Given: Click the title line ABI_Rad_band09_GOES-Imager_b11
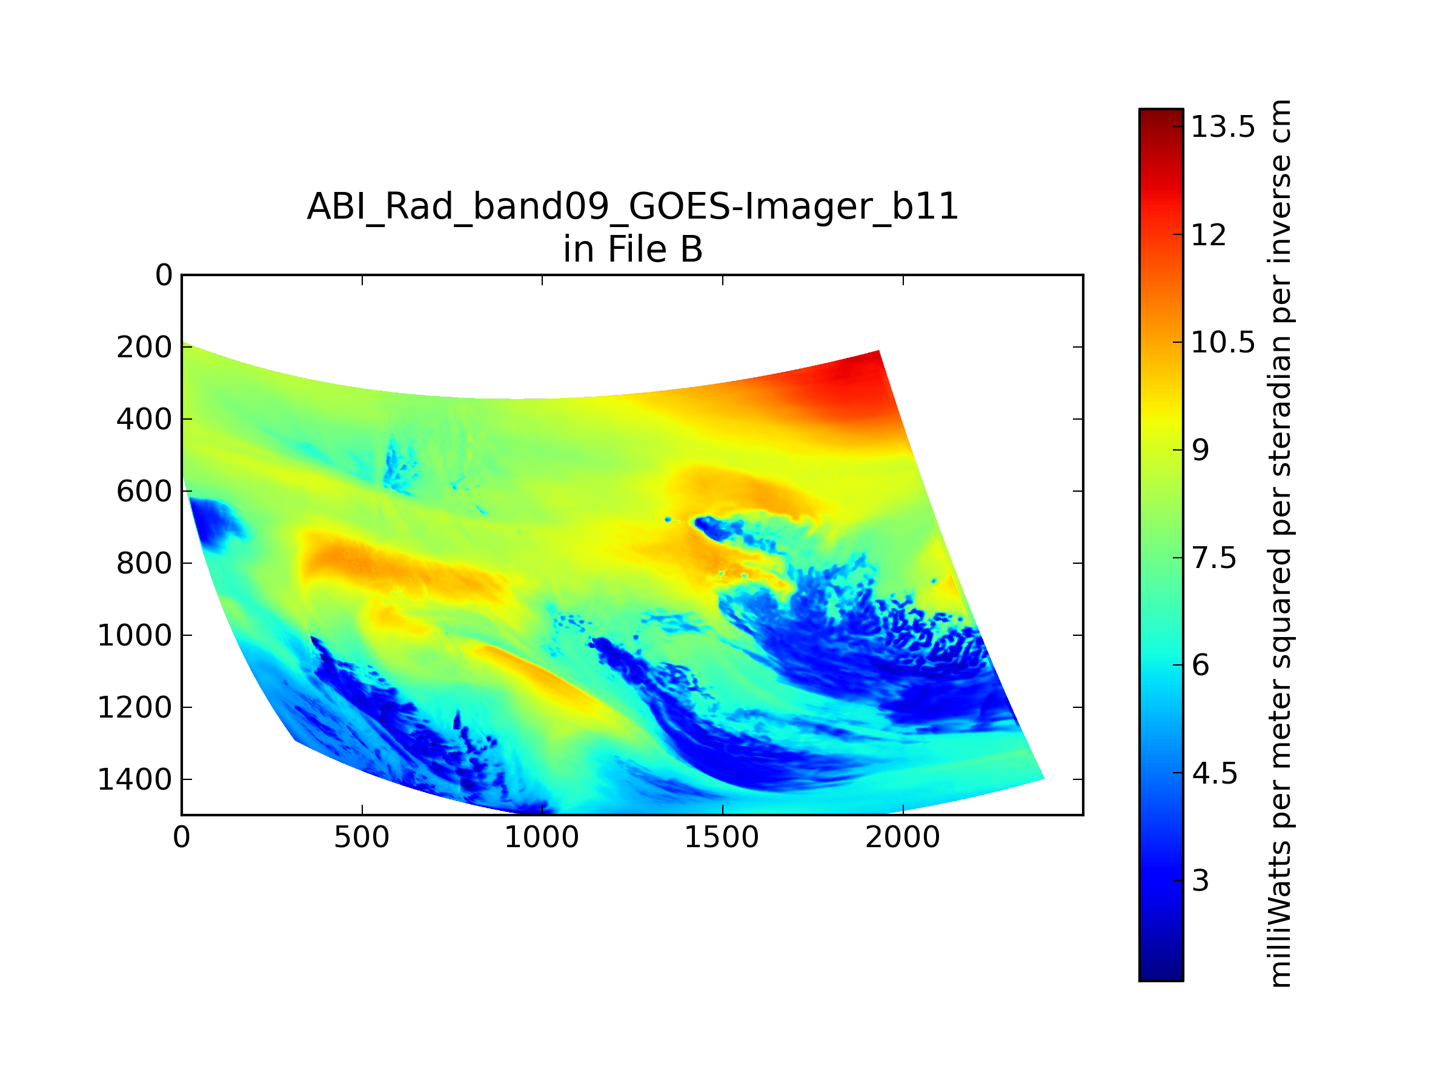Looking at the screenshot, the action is click(632, 206).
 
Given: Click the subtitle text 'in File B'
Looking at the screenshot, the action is click(632, 249).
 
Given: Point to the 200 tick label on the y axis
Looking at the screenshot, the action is click(145, 347).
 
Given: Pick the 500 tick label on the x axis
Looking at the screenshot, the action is click(362, 837).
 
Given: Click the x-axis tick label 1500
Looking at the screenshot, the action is click(722, 837).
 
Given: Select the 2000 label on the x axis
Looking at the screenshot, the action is click(903, 837).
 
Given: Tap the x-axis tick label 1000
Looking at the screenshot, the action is click(542, 837).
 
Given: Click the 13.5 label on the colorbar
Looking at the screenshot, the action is click(1223, 126).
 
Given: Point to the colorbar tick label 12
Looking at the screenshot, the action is click(1209, 234).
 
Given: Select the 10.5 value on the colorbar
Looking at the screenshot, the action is click(1223, 342).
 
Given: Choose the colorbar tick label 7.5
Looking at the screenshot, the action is click(1215, 558).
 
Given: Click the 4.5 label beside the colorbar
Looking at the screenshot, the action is click(1215, 773).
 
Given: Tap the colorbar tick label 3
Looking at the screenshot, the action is click(1201, 880).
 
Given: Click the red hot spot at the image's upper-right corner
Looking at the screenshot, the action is click(848, 385).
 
